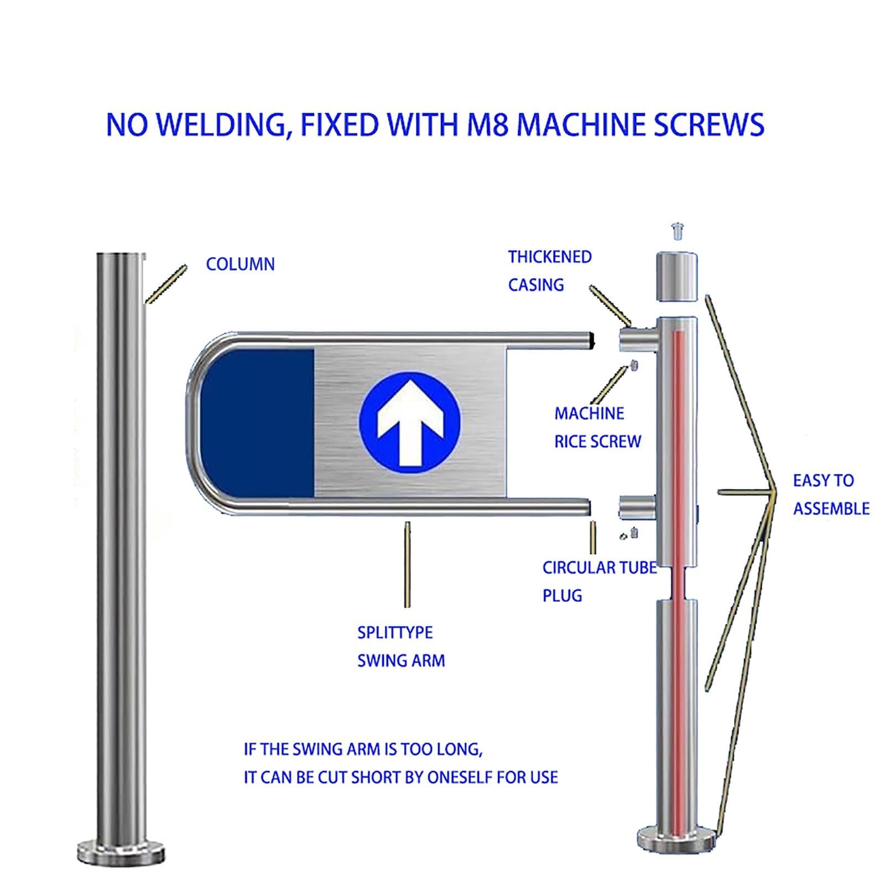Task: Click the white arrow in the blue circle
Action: [x=410, y=424]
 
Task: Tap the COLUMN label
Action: [x=240, y=264]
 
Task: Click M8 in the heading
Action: [x=486, y=124]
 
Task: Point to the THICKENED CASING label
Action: [x=550, y=271]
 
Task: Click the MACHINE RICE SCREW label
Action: [x=597, y=428]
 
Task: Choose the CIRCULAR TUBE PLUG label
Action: [x=600, y=582]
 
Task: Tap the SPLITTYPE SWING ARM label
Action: [x=401, y=647]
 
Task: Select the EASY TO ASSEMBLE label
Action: [x=831, y=494]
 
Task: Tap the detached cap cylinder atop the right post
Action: [x=676, y=276]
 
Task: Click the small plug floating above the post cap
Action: [x=676, y=231]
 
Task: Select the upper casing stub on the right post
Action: [x=637, y=339]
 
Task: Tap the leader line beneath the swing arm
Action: [x=408, y=564]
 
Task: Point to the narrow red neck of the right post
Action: [x=676, y=584]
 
